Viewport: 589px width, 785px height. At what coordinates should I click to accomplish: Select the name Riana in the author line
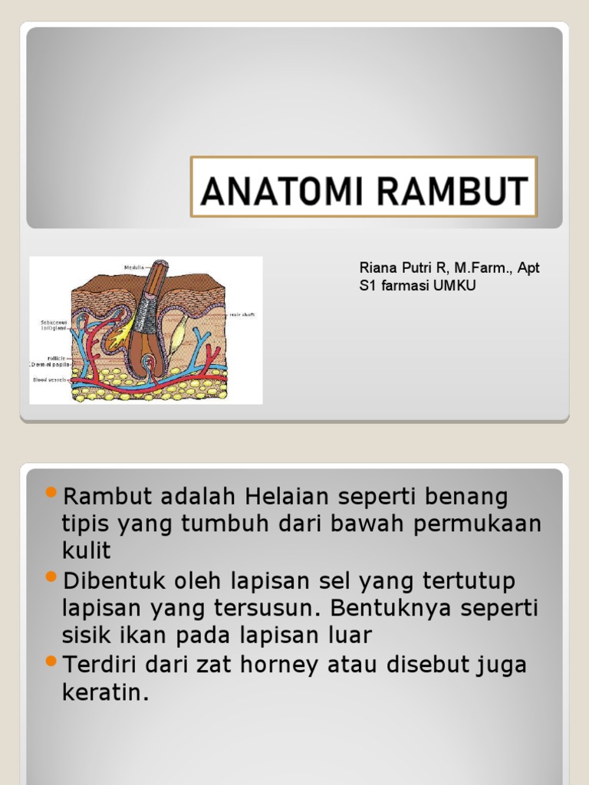pyautogui.click(x=376, y=268)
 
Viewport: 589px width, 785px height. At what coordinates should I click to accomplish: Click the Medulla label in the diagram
pyautogui.click(x=134, y=268)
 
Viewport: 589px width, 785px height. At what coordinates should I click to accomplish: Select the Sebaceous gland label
pyautogui.click(x=54, y=326)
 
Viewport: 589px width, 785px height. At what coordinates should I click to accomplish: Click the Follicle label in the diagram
pyautogui.click(x=57, y=358)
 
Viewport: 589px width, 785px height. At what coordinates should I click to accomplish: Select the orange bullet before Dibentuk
pyautogui.click(x=51, y=576)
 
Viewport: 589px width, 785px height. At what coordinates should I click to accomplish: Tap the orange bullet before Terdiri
pyautogui.click(x=51, y=660)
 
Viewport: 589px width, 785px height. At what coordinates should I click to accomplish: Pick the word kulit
pyautogui.click(x=86, y=550)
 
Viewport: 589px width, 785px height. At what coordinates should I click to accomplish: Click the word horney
pyautogui.click(x=278, y=665)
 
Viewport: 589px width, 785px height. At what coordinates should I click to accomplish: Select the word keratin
pyautogui.click(x=104, y=692)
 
